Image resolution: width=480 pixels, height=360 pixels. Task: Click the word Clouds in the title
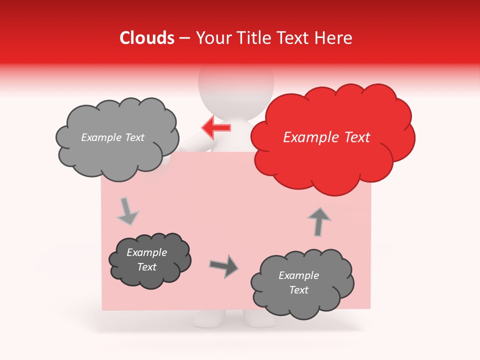pos(147,38)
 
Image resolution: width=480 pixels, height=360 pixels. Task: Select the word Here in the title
pos(334,38)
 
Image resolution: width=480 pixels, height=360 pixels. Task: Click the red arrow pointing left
pos(216,127)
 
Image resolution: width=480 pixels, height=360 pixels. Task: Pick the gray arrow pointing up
pos(319,221)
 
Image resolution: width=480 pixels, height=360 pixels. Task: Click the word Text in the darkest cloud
pos(147,267)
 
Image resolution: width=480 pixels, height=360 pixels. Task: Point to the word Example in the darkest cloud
pos(147,252)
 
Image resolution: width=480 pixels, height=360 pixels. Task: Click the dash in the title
pos(184,38)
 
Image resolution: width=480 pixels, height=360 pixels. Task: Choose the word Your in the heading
pos(213,38)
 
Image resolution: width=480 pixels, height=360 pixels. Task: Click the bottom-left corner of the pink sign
pos(102,309)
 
